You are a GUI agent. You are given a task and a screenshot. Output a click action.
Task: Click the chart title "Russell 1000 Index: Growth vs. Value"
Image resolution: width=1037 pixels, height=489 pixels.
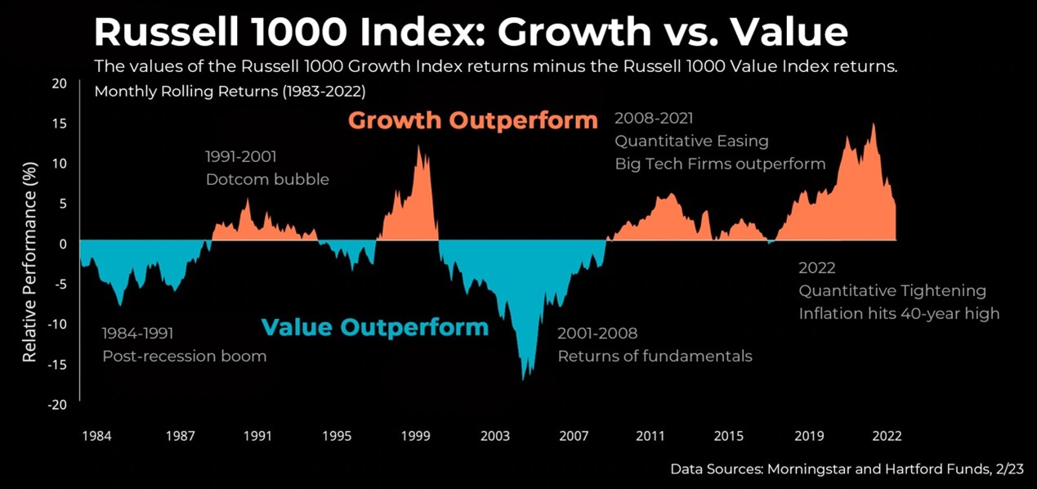tap(471, 32)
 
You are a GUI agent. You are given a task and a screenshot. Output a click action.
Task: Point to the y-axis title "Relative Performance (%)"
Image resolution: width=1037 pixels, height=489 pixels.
tap(29, 261)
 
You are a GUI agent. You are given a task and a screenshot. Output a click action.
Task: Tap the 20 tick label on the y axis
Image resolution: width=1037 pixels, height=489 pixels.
tap(59, 83)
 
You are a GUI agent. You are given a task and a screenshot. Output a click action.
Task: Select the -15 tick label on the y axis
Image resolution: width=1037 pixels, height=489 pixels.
tap(56, 364)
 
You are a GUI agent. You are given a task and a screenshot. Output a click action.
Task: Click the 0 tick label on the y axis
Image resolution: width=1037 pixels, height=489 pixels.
tap(63, 244)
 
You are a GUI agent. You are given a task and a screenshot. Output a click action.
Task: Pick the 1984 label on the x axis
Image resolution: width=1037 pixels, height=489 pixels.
tap(96, 436)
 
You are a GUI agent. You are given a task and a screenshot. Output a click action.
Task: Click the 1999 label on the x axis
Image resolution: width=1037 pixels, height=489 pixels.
tap(416, 436)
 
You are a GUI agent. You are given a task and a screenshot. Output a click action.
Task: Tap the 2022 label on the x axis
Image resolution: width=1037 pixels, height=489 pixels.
tap(886, 436)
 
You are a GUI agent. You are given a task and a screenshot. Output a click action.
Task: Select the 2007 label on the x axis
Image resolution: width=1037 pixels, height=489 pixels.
tap(574, 436)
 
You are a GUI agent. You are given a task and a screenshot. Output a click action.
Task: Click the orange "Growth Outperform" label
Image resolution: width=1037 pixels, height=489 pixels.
tap(473, 121)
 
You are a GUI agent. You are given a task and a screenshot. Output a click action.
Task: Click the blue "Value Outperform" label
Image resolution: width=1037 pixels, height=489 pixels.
tap(374, 328)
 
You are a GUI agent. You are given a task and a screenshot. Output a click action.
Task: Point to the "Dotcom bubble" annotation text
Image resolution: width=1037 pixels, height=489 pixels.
tap(267, 179)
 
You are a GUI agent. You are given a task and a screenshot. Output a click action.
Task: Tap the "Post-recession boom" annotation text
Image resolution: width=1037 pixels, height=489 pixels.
tap(184, 357)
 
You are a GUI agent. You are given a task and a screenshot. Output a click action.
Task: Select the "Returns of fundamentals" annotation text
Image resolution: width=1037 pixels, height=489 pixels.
tap(655, 357)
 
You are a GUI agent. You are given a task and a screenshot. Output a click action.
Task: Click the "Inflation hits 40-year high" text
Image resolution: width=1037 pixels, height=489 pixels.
tap(899, 313)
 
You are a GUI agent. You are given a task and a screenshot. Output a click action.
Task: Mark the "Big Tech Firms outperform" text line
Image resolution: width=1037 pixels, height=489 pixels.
tap(720, 164)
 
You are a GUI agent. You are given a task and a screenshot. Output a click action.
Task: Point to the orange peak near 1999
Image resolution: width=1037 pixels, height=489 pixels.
tap(418, 147)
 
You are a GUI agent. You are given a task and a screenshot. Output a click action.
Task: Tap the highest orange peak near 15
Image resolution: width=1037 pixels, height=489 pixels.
tap(874, 125)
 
